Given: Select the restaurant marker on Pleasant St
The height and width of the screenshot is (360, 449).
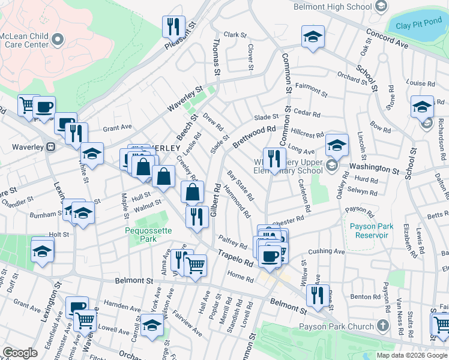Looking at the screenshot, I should (171, 27).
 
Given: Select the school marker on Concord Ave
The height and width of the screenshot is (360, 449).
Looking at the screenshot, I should (313, 37).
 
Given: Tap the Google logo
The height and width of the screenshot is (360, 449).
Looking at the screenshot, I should (20, 353).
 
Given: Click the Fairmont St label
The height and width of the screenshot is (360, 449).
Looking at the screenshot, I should (312, 90).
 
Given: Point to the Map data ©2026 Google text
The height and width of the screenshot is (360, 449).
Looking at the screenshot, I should (412, 355).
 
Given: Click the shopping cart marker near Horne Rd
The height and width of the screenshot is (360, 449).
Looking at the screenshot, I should (194, 265).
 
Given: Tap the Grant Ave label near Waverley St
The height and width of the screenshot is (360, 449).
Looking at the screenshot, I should (117, 127).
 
